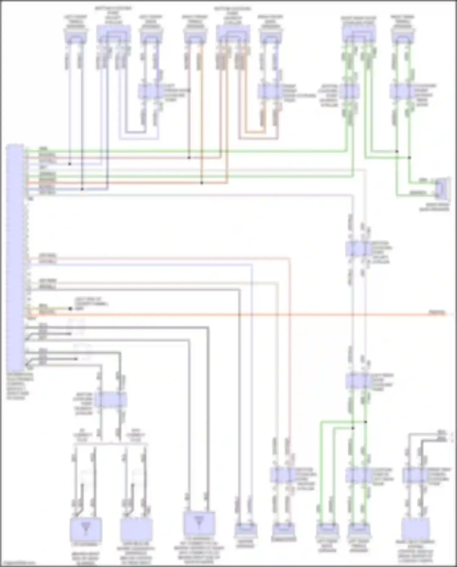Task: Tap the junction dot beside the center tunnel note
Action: coord(70,309)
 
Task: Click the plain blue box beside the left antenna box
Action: coord(136,530)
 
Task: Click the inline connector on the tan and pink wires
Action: coord(283,475)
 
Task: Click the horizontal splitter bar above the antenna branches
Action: coord(110,444)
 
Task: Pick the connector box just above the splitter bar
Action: coord(110,399)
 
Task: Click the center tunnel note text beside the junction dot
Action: coord(91,304)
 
